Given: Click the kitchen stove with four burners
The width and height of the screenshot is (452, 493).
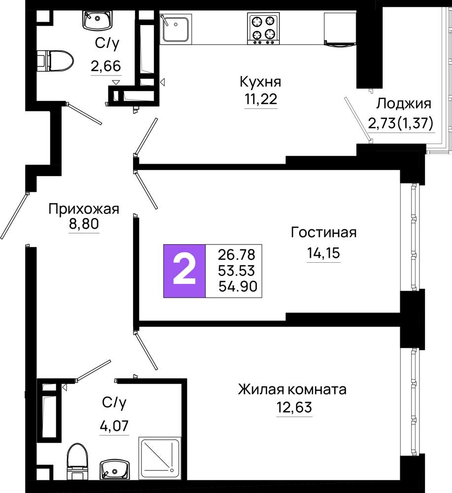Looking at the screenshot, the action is click(263, 28).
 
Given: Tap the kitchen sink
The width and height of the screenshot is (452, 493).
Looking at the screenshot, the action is click(175, 28).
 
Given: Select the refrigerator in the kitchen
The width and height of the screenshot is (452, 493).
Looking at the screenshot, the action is click(340, 29).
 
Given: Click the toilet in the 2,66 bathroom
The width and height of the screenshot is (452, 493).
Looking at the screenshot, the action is click(55, 60).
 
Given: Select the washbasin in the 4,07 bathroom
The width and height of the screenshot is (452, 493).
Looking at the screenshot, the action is click(115, 469).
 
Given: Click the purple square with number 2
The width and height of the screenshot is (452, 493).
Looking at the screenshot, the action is click(184, 271).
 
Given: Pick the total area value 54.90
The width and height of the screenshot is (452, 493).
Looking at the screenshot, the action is click(238, 286).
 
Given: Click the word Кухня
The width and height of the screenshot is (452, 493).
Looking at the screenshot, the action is click(260, 82).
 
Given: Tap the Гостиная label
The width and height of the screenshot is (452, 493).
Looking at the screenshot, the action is click(324, 232).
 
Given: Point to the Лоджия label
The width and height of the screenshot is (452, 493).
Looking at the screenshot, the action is click(404, 104).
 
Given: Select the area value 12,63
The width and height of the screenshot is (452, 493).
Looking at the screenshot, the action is click(294, 407).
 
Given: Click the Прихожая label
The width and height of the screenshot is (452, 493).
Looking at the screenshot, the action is click(84, 209).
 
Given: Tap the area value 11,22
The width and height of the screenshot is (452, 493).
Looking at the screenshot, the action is click(261, 99).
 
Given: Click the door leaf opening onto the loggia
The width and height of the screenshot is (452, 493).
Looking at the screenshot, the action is click(357, 119).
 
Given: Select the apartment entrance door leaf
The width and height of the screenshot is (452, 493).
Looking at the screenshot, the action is click(14, 216).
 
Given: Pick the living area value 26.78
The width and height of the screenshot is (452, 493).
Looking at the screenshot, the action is click(237, 255).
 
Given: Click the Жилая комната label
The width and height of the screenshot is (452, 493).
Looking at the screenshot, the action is click(292, 389).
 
